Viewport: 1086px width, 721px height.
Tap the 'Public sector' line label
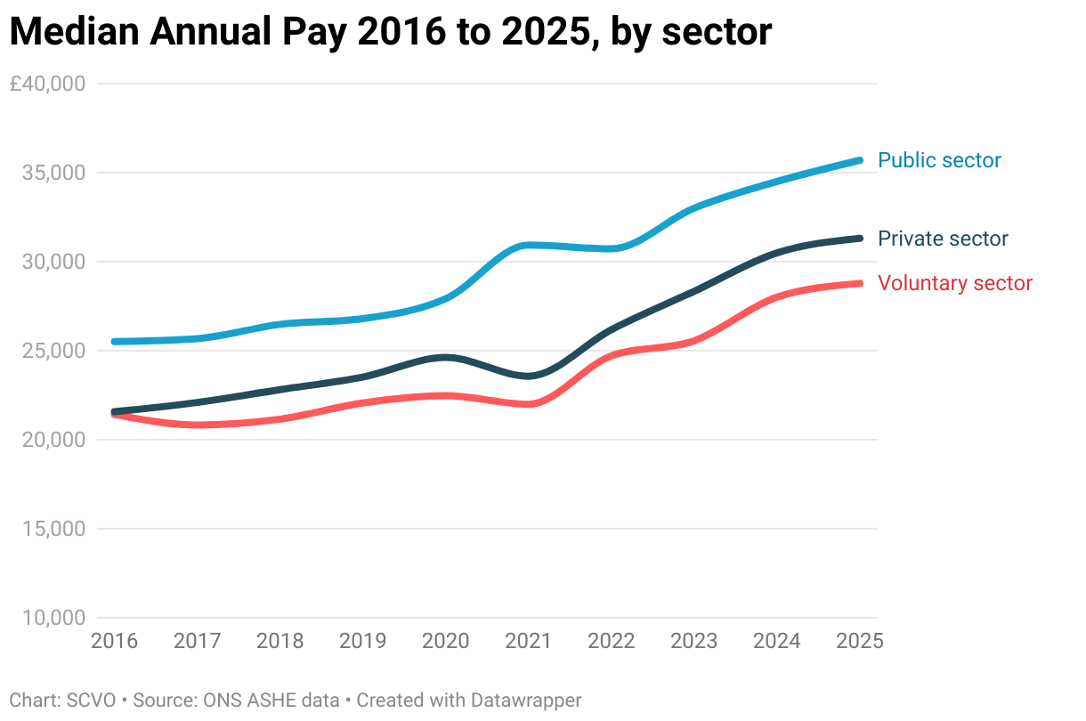[939, 160]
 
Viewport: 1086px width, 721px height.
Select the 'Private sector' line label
[943, 239]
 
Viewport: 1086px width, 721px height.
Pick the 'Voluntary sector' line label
[954, 283]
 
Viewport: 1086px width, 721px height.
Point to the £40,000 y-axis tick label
[47, 84]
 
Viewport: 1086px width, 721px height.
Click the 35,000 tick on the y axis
[53, 173]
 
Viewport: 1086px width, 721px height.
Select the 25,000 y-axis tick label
[53, 351]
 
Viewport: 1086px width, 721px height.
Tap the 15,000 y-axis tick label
[53, 529]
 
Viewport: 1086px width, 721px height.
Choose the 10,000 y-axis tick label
[53, 618]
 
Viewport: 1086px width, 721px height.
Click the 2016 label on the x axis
[115, 641]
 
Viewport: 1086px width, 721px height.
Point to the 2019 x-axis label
[362, 641]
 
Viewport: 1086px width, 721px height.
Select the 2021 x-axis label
[528, 641]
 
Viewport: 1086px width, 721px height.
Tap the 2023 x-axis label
[693, 641]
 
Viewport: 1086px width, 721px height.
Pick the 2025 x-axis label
[858, 641]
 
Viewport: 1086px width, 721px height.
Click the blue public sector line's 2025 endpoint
[860, 160]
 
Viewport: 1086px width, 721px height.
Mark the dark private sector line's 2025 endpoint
[860, 238]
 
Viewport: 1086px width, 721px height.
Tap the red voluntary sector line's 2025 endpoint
[860, 283]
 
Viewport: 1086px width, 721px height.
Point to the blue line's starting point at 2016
[115, 342]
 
